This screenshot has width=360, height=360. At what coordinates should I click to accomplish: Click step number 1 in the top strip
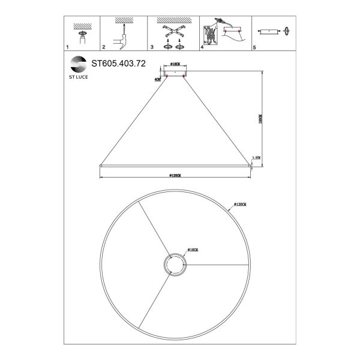pyautogui.click(x=68, y=46)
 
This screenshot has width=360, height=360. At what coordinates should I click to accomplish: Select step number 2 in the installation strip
pyautogui.click(x=104, y=46)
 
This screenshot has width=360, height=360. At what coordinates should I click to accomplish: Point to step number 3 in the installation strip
pyautogui.click(x=152, y=46)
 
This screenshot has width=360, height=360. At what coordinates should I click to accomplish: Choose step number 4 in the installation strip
pyautogui.click(x=202, y=46)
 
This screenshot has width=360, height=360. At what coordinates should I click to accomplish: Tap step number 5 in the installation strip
pyautogui.click(x=254, y=46)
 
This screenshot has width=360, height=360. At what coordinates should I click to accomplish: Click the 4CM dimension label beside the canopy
pyautogui.click(x=157, y=79)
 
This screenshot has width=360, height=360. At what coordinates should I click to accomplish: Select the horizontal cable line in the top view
pyautogui.click(x=216, y=265)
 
